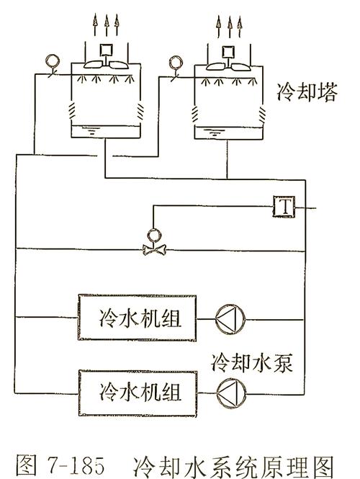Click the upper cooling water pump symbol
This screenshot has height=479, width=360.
[x=230, y=317]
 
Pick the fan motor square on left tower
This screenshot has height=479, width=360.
[x=107, y=50]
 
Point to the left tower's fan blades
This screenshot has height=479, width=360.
[x=106, y=64]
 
